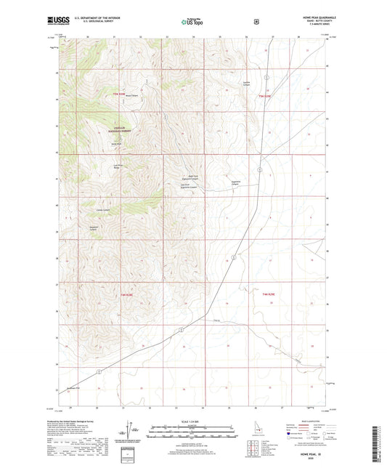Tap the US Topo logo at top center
pos(192,23)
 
